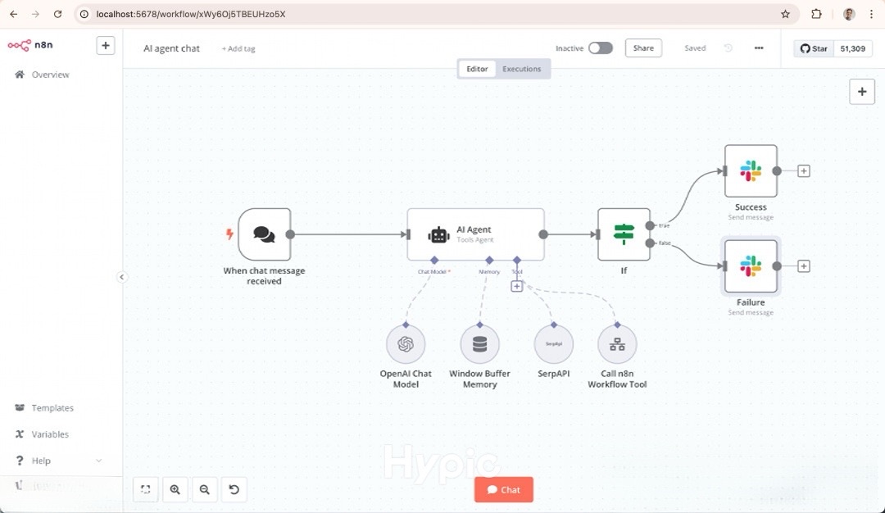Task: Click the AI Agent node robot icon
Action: tap(438, 234)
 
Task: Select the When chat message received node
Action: tap(264, 234)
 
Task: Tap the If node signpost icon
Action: tap(624, 234)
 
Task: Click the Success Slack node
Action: tap(751, 171)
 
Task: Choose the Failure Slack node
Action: tap(751, 266)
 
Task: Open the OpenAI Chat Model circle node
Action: tap(406, 344)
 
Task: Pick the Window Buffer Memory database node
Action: tap(479, 344)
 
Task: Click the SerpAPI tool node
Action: tap(553, 344)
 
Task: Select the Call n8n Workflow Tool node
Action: tap(617, 344)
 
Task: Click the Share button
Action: tap(643, 48)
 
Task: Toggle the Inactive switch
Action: tap(600, 48)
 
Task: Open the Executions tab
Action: tap(521, 69)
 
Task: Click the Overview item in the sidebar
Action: tap(50, 75)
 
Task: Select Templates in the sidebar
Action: tap(52, 408)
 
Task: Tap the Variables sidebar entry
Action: tap(50, 434)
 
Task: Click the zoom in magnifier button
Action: tap(175, 490)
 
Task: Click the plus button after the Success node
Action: tap(804, 171)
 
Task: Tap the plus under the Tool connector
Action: tap(517, 286)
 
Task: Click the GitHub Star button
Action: tap(814, 49)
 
